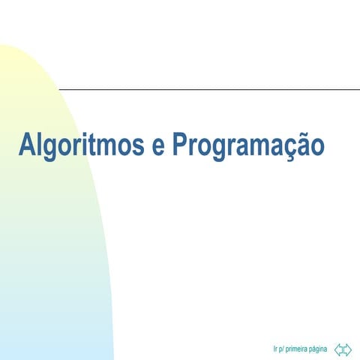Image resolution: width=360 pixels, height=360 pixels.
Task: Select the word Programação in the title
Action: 248,144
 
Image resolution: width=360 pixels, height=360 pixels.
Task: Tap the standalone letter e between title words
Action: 158,145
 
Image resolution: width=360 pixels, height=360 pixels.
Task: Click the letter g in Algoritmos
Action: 52,148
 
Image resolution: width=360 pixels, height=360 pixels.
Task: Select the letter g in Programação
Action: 221,148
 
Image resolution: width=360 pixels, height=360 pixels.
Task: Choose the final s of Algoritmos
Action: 139,145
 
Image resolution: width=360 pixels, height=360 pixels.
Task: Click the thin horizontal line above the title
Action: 210,89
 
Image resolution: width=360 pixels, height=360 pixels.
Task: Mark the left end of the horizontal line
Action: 61,89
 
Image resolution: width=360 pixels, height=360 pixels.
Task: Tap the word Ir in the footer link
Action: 276,349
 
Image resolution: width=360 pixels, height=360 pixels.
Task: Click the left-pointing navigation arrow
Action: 339,349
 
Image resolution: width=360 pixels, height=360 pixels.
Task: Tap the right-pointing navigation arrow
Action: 347,349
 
